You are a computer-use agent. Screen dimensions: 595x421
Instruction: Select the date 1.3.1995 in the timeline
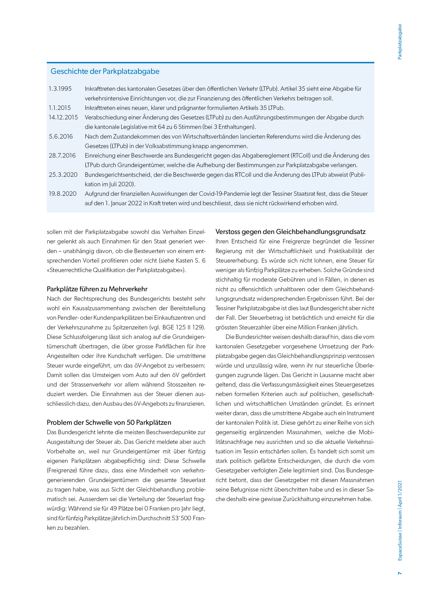point(60,89)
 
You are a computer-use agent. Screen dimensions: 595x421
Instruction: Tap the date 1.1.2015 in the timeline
point(60,108)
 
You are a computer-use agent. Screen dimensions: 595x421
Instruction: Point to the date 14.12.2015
point(63,117)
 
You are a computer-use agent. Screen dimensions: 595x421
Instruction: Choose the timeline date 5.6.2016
point(61,137)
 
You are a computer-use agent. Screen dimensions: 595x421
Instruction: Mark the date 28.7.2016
point(62,156)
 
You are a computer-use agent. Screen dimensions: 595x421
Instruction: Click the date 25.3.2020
point(63,175)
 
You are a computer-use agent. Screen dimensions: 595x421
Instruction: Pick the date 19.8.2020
point(62,194)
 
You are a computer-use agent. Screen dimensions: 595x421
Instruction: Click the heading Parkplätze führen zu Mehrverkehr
point(97,289)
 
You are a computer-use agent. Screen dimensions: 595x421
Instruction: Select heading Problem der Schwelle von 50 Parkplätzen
point(109,423)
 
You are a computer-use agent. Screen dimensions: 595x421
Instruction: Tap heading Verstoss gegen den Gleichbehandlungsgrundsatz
point(290,232)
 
